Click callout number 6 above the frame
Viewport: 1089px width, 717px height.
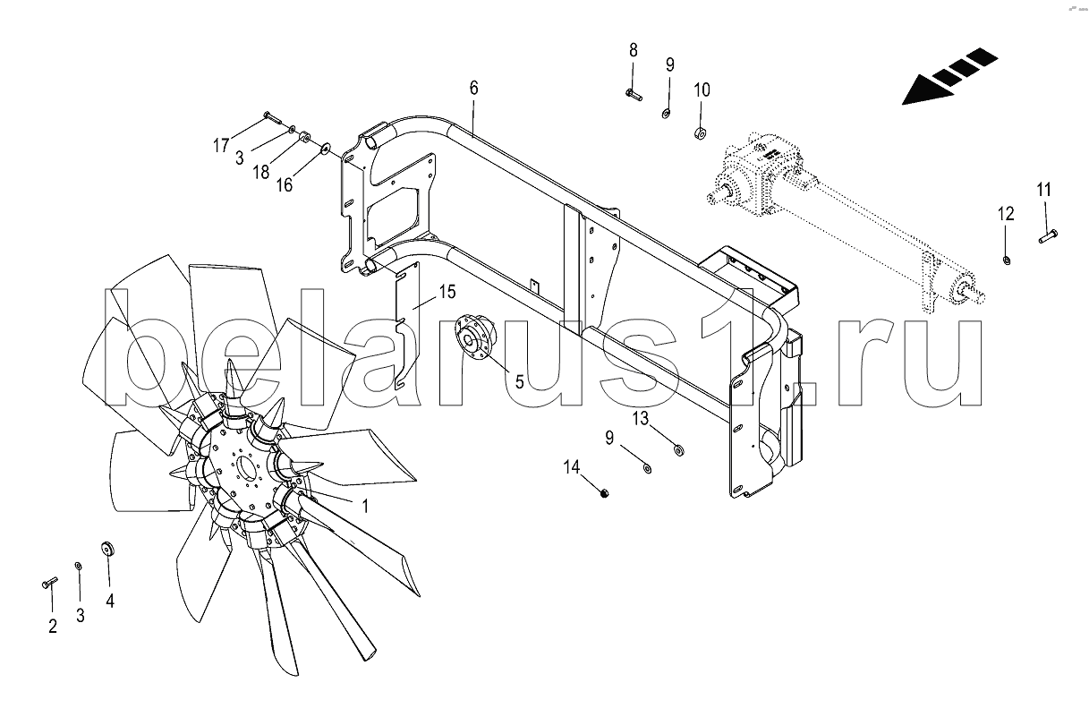click(x=473, y=88)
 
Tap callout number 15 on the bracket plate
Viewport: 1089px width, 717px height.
click(x=447, y=292)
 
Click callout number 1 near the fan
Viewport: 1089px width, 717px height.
click(x=364, y=505)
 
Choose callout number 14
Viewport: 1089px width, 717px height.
click(x=572, y=466)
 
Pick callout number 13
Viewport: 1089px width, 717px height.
click(x=641, y=418)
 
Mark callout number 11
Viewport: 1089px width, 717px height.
click(x=1044, y=190)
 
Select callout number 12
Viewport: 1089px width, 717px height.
click(x=1006, y=214)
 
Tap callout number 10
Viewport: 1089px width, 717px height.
click(x=702, y=90)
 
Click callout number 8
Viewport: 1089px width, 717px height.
click(x=633, y=48)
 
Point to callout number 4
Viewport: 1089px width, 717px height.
click(x=110, y=602)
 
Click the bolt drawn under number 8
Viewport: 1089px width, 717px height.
click(x=633, y=92)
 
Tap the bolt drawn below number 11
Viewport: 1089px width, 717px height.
click(x=1048, y=236)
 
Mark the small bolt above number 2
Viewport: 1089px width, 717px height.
click(x=49, y=583)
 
